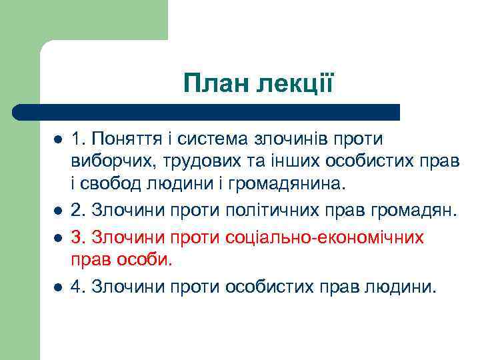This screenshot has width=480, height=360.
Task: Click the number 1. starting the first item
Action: [x=79, y=139]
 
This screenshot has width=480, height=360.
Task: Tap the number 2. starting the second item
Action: [x=79, y=211]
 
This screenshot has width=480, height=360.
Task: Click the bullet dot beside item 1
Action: [x=58, y=140]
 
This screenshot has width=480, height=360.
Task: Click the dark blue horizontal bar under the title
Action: [x=207, y=112]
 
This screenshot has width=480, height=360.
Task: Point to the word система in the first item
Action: [x=215, y=139]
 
